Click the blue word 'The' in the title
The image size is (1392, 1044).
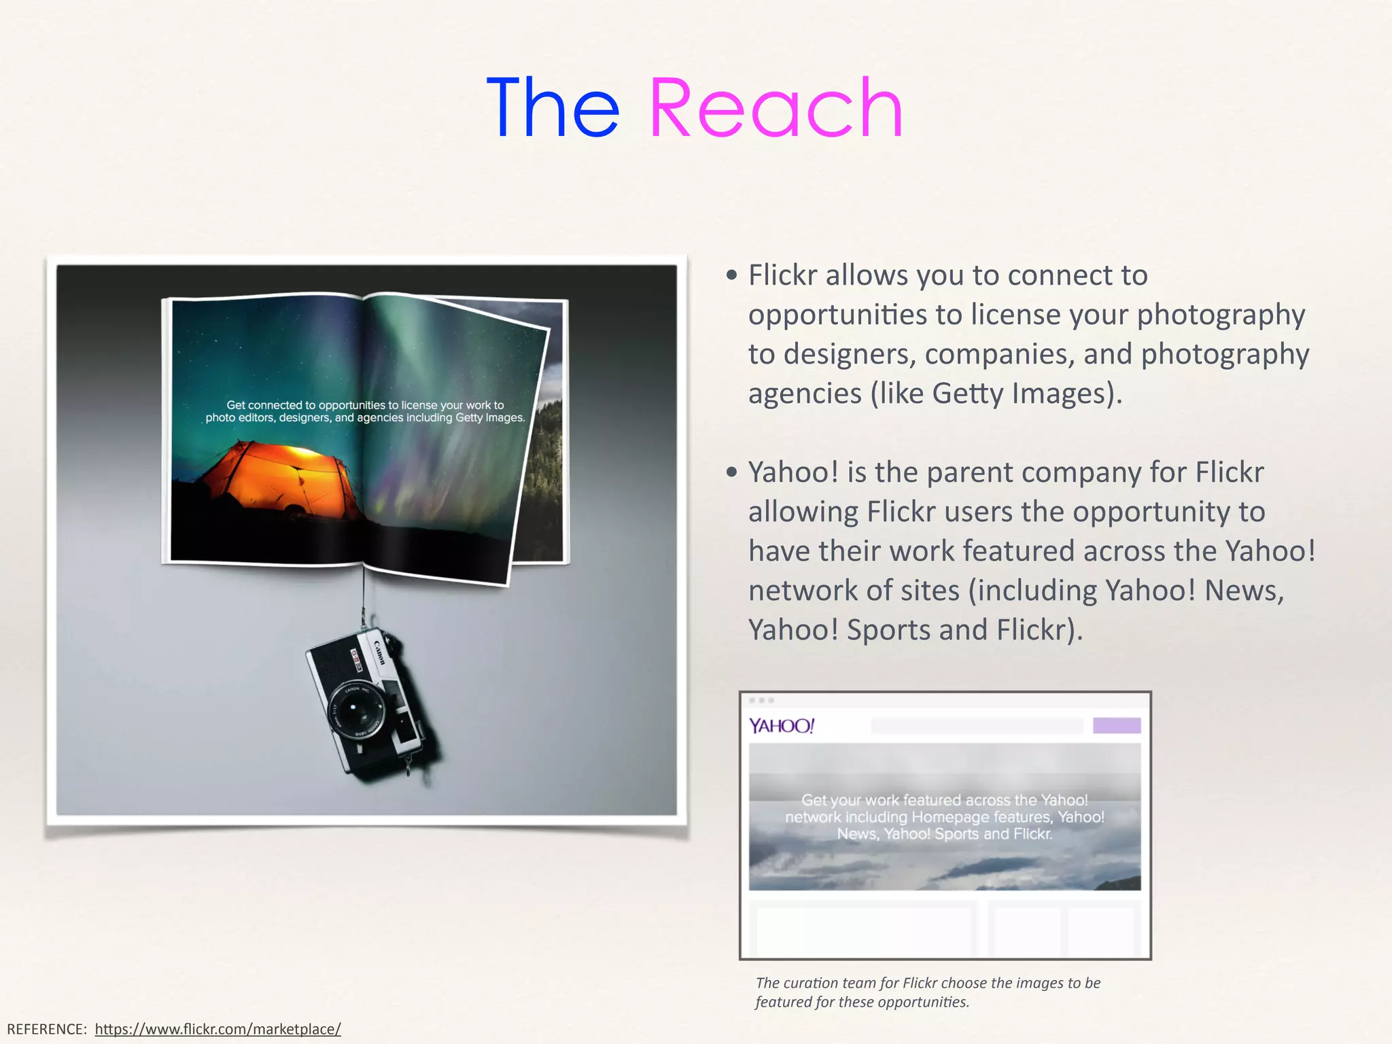[553, 109]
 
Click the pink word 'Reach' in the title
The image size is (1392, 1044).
[776, 109]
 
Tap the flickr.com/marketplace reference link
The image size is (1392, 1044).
[217, 1029]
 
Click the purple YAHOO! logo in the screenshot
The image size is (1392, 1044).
[781, 726]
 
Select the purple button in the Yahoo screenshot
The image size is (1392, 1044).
[1116, 726]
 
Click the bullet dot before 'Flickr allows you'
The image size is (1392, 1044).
[731, 275]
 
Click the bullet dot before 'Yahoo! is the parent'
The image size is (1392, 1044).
[731, 472]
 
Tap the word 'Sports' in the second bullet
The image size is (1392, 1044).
[888, 630]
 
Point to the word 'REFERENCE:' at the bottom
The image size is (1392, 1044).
[47, 1029]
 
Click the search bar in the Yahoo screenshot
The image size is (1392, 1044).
[976, 726]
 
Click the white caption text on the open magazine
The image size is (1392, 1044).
[365, 411]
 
